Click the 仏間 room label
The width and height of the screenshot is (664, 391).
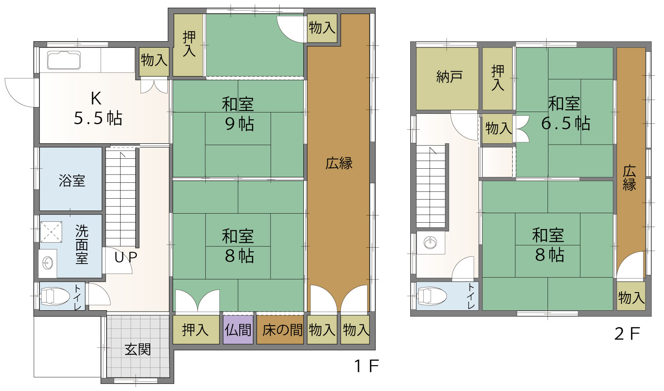(238, 330)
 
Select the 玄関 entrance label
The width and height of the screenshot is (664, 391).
(138, 349)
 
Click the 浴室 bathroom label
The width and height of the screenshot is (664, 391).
(72, 181)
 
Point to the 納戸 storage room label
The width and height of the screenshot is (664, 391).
(449, 77)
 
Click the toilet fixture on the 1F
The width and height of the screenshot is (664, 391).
(54, 296)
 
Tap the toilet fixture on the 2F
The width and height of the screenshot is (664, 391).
(431, 296)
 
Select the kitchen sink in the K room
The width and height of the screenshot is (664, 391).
(64, 60)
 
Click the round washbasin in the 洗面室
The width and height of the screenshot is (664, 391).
(48, 263)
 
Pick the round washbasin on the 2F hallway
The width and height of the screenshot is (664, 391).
(430, 243)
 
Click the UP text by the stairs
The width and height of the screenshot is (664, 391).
(126, 257)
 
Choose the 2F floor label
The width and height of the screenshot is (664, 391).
(627, 333)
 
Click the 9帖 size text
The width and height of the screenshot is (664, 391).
(239, 124)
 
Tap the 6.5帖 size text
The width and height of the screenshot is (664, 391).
(566, 123)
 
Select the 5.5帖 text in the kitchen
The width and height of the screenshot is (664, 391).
(98, 118)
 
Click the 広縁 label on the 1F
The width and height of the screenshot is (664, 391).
(339, 163)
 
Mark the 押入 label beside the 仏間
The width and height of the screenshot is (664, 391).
(195, 330)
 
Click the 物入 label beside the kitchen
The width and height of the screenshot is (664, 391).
(154, 60)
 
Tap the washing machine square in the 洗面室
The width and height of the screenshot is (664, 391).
(51, 232)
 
